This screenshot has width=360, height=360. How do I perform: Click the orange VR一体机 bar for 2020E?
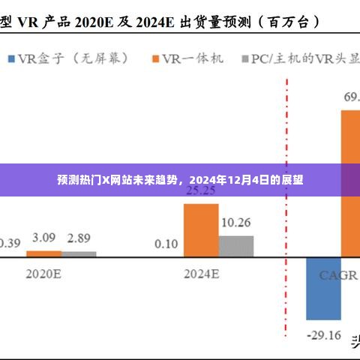point(43,254)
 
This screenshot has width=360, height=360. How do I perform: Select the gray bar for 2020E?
point(79,255)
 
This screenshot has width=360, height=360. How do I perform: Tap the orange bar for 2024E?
point(201,230)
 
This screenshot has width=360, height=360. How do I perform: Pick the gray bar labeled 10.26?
point(235,247)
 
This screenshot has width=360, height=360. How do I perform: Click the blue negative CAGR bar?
point(322,289)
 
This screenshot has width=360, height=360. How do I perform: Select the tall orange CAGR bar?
point(350,184)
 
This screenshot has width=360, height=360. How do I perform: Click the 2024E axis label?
point(201,274)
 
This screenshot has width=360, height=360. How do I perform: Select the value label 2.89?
point(78,238)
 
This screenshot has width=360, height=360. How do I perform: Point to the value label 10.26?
point(235,223)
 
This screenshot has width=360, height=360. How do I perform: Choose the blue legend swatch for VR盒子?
point(13,58)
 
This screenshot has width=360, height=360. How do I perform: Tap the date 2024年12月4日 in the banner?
point(233,181)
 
